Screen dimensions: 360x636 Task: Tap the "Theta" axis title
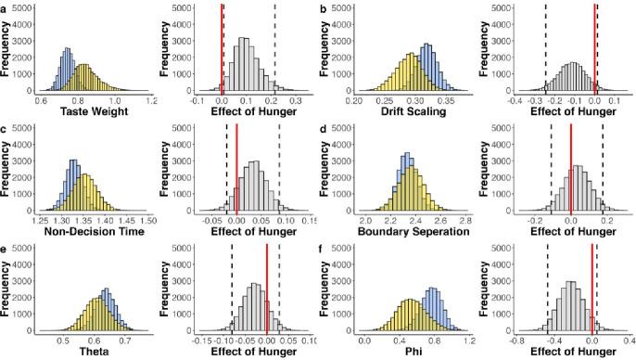tap(93, 353)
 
